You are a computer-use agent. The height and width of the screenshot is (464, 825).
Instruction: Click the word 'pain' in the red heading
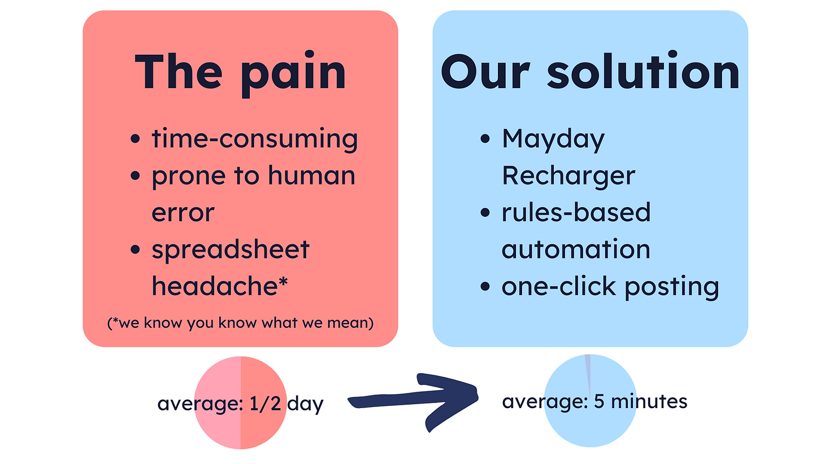click(293, 73)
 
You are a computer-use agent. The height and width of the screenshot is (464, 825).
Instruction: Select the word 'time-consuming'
click(254, 139)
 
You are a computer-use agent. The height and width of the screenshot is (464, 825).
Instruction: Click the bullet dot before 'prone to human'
click(135, 176)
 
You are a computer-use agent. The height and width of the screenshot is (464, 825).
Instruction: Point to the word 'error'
click(183, 213)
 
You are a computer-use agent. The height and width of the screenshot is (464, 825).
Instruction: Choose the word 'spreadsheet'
click(231, 250)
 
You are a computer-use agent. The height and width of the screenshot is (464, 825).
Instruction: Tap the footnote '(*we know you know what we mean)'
click(240, 323)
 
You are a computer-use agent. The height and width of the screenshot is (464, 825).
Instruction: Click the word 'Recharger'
click(568, 177)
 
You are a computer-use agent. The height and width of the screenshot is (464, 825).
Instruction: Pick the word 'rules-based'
click(576, 212)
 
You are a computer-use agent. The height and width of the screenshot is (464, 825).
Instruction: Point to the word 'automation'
click(576, 249)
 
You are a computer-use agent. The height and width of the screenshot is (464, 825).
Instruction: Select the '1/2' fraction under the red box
click(265, 403)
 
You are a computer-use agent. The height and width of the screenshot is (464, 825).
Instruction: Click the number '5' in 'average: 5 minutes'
click(599, 401)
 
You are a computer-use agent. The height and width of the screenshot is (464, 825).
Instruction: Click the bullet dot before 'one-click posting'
click(485, 286)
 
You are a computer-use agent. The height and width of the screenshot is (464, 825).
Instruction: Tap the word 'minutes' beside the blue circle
click(649, 401)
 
